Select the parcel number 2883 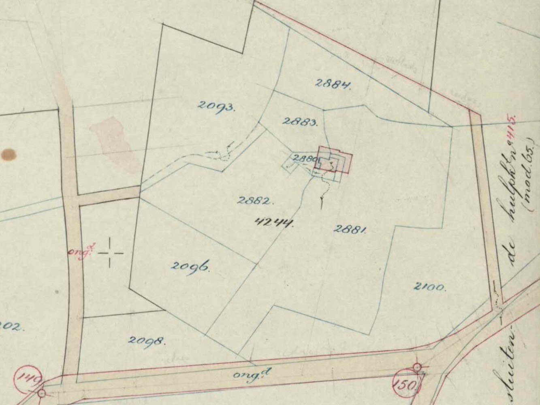click(300, 121)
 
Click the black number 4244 click(274, 222)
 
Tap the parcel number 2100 click(430, 287)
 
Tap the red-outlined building click(335, 160)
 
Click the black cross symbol click(110, 253)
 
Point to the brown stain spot click(9, 155)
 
